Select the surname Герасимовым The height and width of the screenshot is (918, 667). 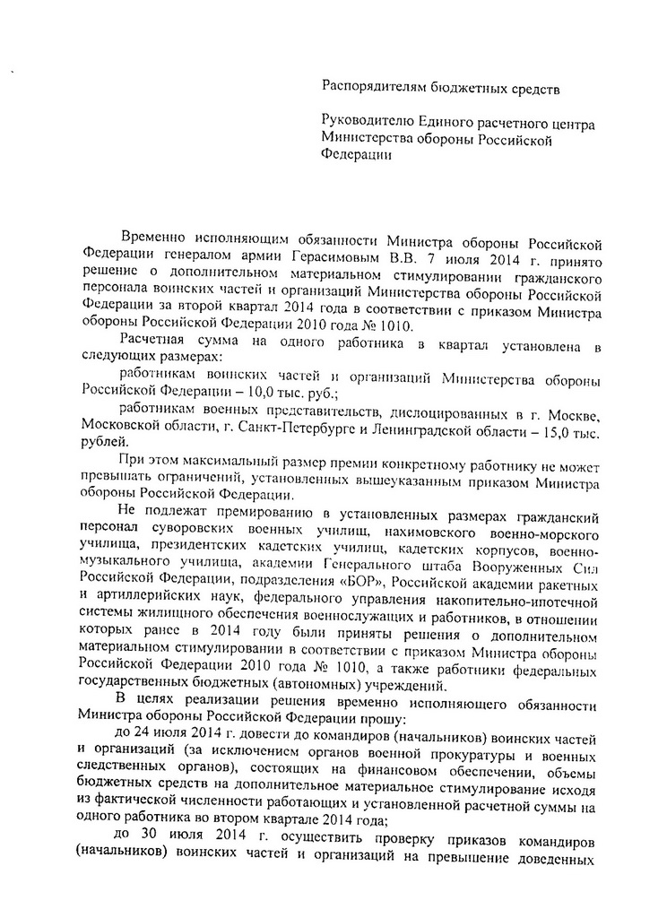[x=304, y=258]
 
